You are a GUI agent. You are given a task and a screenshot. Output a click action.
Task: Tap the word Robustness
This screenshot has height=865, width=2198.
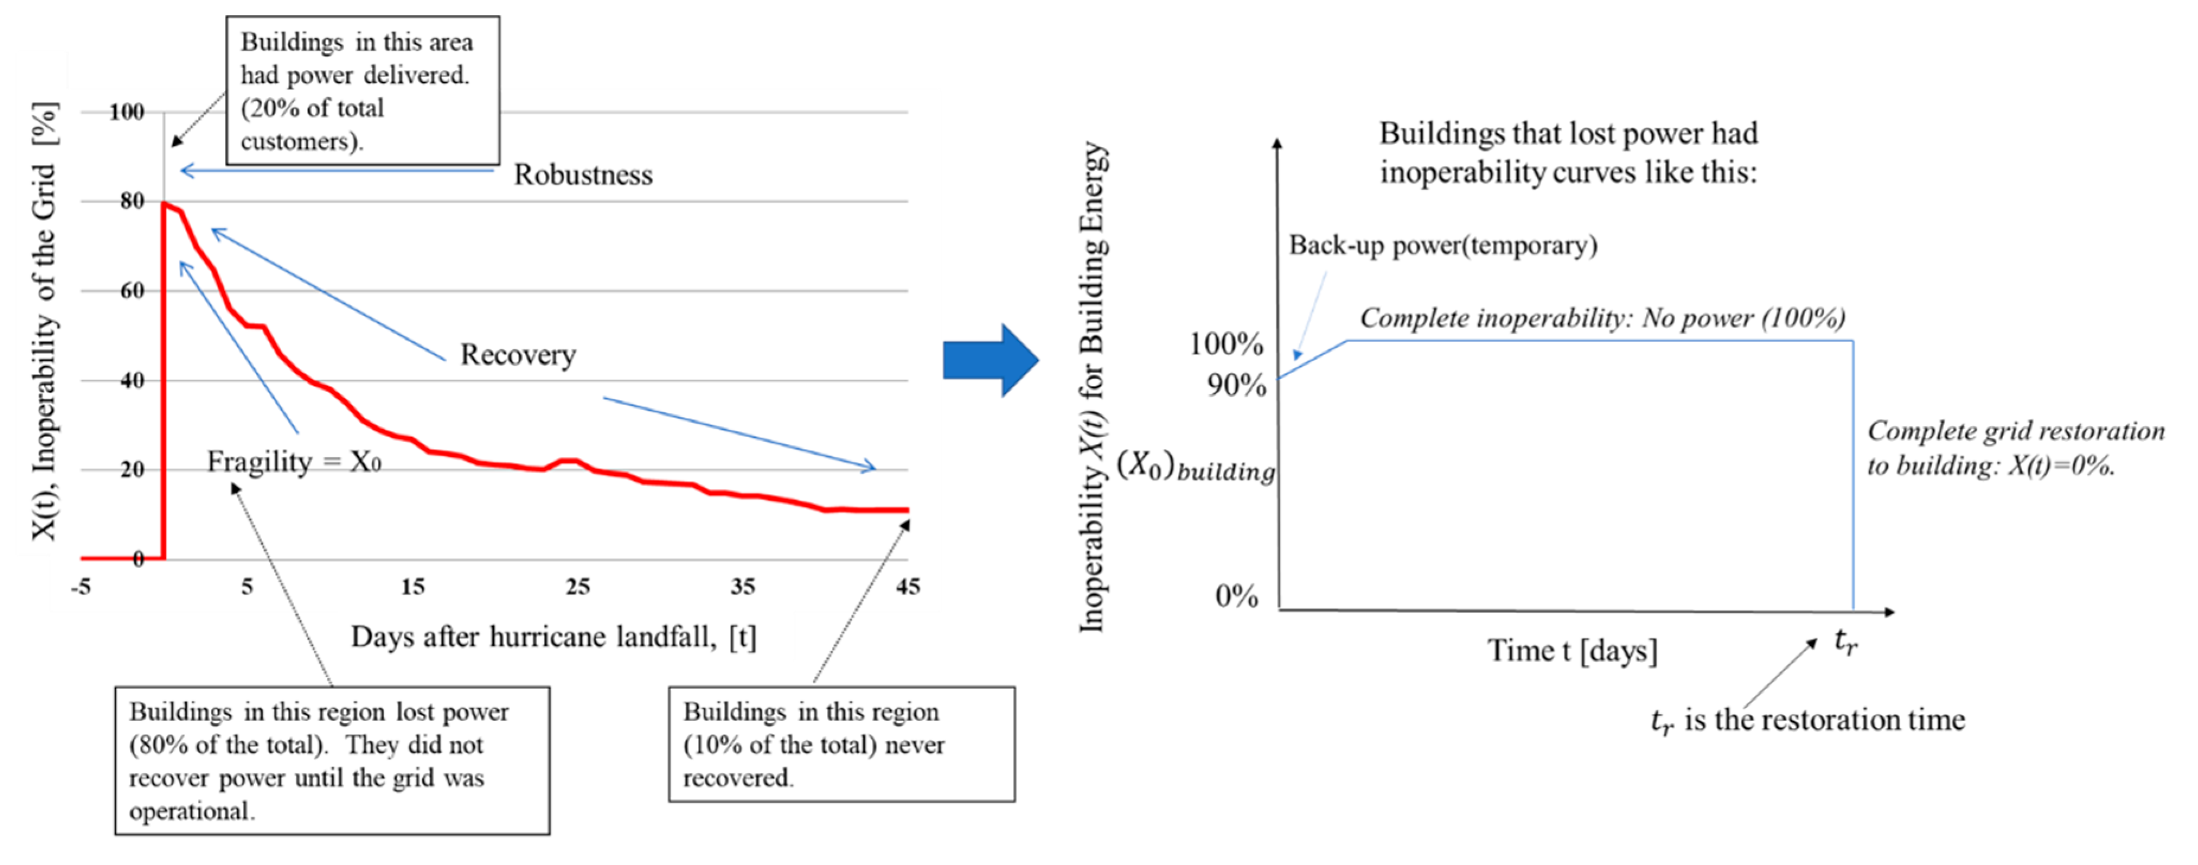pyautogui.click(x=583, y=175)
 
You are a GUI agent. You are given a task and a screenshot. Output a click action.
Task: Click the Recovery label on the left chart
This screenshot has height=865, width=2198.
pyautogui.click(x=518, y=355)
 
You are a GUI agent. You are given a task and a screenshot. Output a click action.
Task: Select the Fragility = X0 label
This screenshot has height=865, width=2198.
pyautogui.click(x=293, y=462)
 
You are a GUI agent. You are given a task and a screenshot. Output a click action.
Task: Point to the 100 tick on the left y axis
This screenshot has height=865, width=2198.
pyautogui.click(x=126, y=112)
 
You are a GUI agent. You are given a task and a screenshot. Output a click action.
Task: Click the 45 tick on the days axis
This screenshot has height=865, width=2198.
pyautogui.click(x=907, y=586)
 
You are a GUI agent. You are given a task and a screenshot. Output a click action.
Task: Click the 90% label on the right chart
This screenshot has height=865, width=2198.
pyautogui.click(x=1235, y=386)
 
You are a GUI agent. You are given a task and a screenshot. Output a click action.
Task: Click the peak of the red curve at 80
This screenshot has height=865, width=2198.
pyautogui.click(x=164, y=203)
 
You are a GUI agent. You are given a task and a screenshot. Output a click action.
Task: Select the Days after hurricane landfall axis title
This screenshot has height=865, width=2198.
pyautogui.click(x=553, y=637)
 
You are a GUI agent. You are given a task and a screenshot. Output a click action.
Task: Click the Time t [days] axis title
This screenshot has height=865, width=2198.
pyautogui.click(x=1572, y=650)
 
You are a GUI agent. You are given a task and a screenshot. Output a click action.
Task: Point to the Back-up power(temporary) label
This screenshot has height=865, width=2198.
pyautogui.click(x=1442, y=246)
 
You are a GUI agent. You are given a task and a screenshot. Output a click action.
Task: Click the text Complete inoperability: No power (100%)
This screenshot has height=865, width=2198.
pyautogui.click(x=1601, y=318)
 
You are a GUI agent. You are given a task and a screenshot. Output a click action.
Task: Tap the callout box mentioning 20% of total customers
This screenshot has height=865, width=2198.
pyautogui.click(x=363, y=91)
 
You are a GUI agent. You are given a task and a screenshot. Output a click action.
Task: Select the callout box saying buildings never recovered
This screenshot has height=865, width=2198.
pyautogui.click(x=841, y=743)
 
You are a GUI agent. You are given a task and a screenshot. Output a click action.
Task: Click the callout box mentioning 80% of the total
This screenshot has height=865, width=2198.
pyautogui.click(x=332, y=760)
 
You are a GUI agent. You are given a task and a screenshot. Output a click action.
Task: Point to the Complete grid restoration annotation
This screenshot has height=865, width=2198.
pyautogui.click(x=2014, y=448)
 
